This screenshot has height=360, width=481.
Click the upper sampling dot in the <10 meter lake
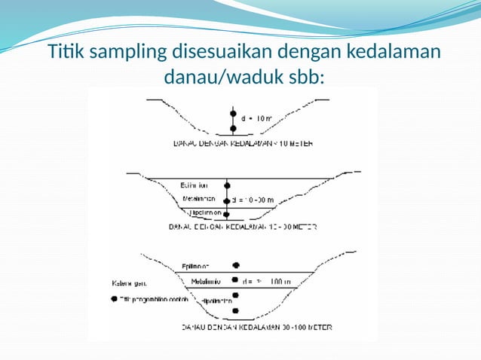point(234,115)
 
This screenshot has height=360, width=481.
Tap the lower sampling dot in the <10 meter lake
point(234,129)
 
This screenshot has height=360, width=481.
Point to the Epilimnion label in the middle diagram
point(195,185)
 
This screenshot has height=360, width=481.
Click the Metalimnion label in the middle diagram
point(198,200)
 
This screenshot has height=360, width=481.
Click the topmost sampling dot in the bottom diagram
point(237,265)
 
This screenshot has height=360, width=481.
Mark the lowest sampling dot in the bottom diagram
point(237,311)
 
